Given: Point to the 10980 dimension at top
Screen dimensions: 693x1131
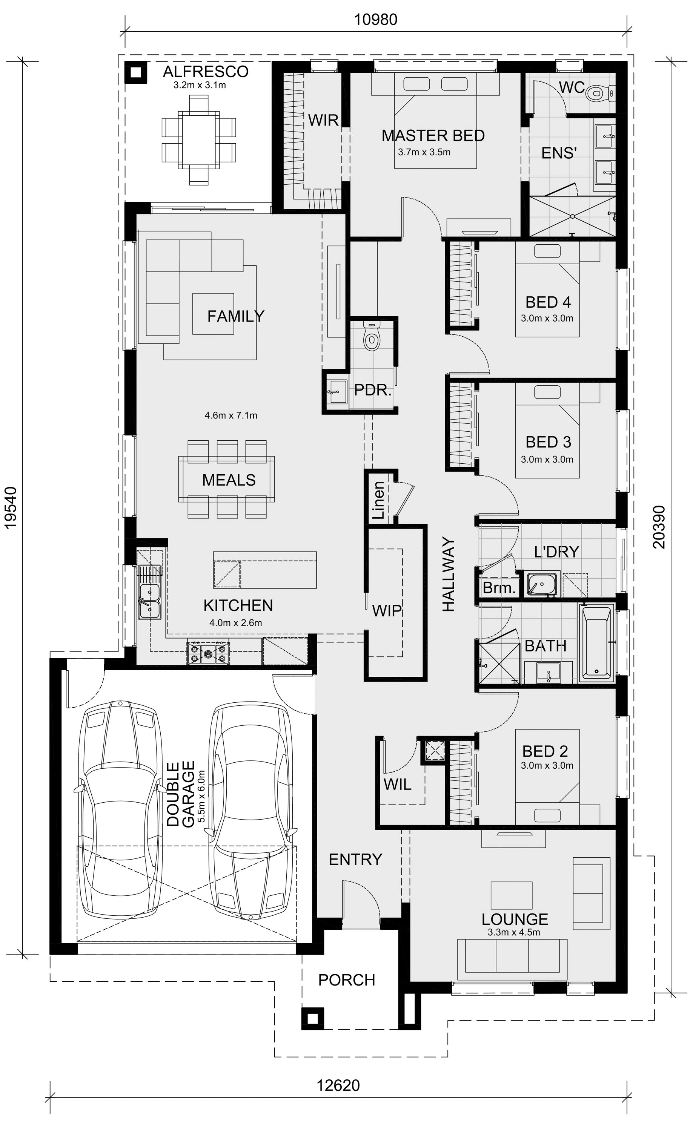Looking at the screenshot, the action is click(x=376, y=19).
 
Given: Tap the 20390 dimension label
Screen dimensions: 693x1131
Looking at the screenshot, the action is click(x=659, y=527).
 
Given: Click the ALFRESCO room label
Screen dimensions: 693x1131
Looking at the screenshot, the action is click(x=206, y=72).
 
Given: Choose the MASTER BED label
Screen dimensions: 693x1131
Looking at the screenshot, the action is click(x=433, y=135).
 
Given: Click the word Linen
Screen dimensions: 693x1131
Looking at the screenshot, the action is click(x=378, y=500).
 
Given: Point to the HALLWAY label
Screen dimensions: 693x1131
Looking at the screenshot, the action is click(x=448, y=574).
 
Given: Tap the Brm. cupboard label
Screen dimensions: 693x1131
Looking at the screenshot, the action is click(x=499, y=587).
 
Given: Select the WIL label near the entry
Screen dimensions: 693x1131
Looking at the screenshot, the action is click(x=397, y=785).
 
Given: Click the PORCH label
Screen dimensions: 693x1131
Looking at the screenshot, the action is click(x=347, y=980).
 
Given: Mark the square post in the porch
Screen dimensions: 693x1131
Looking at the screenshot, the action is click(x=313, y=1019).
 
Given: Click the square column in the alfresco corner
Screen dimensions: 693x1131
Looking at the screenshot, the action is click(x=136, y=72).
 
